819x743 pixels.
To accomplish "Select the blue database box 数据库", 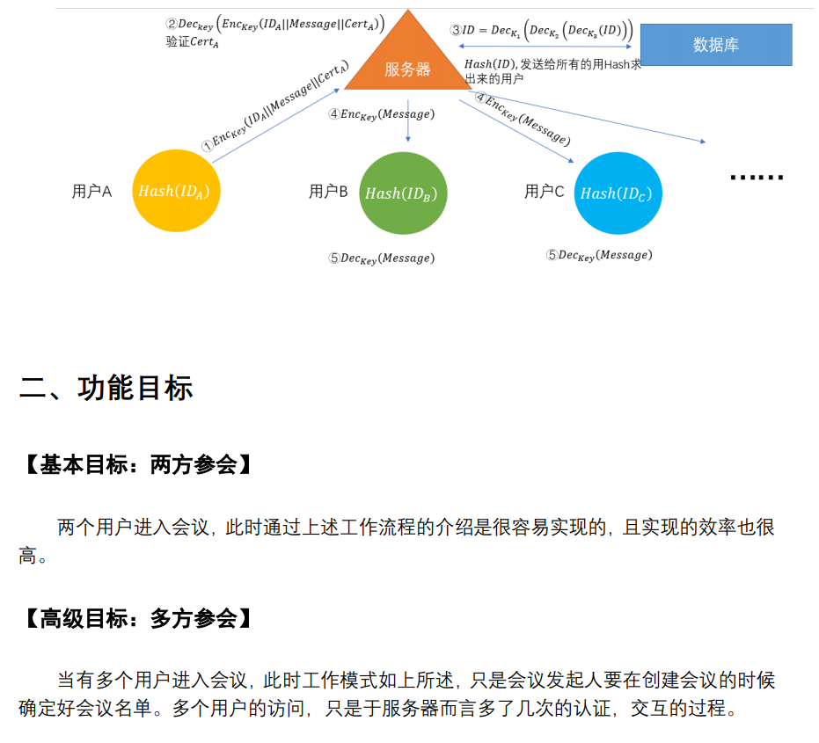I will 715,45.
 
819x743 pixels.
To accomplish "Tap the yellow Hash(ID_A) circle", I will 175,192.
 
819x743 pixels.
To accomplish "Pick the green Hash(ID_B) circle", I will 402,193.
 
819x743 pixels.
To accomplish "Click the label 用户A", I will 91,192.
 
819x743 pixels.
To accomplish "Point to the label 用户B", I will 328,192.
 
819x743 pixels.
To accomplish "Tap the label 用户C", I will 544,192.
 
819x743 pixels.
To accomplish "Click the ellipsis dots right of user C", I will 756,178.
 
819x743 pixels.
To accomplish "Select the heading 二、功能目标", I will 106,388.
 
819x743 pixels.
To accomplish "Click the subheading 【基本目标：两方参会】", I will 138,465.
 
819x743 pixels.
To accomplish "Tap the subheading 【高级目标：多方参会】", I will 138,619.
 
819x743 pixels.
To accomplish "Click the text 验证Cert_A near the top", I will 192,41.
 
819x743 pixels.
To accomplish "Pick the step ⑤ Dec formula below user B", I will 381,259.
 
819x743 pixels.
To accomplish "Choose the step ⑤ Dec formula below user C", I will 599,255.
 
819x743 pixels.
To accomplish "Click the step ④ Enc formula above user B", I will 381,114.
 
